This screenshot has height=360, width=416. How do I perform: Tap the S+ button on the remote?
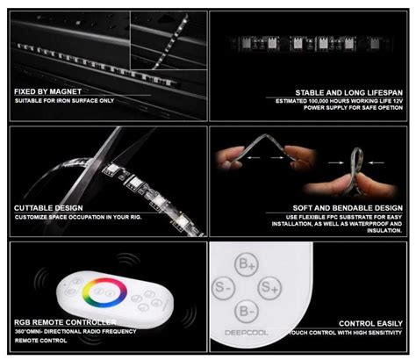pos(278,286)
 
